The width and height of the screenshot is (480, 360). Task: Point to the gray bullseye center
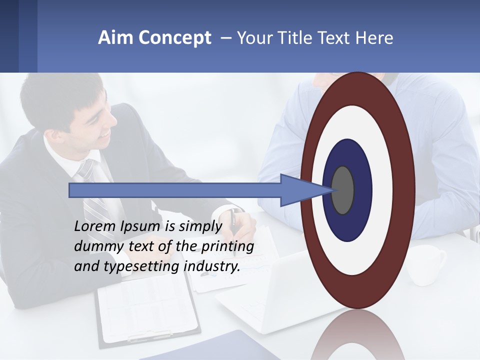pyautogui.click(x=343, y=190)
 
